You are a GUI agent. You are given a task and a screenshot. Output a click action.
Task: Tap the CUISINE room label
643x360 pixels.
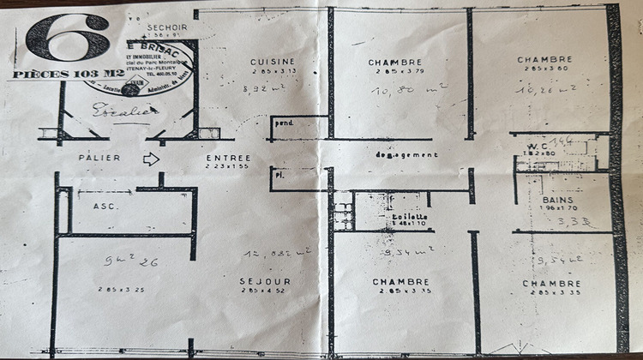pos(272,62)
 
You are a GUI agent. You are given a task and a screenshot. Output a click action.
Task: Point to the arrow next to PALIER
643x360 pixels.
pos(151,159)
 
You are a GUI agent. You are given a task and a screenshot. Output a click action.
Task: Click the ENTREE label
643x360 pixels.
pos(228,158)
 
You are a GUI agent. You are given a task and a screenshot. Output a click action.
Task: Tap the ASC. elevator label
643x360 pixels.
pos(105,207)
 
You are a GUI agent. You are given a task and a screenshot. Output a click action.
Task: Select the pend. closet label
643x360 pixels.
pos(283,123)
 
